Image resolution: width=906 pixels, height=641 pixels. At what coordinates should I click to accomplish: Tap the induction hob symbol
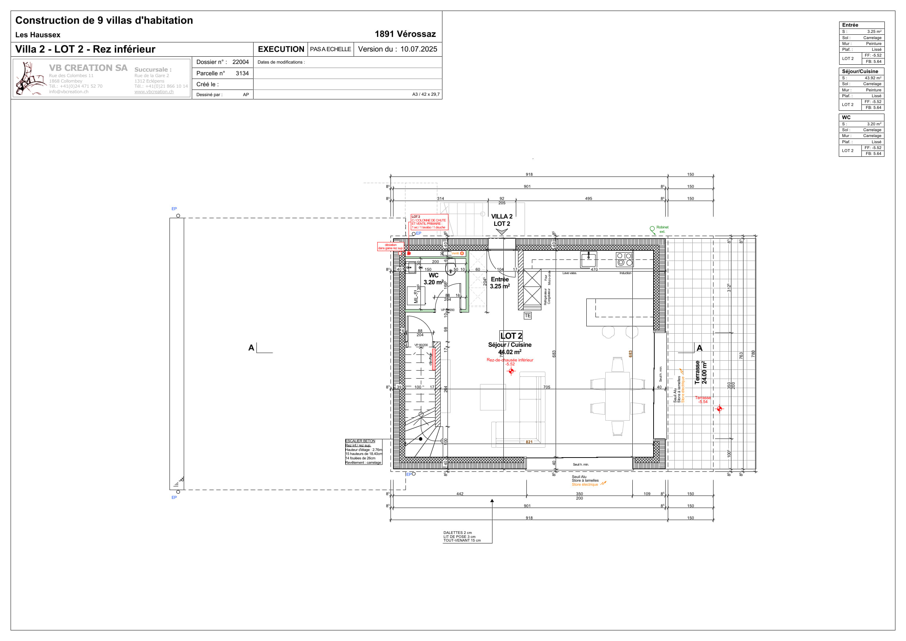(x=624, y=259)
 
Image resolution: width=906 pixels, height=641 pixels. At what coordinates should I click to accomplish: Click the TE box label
(x=528, y=315)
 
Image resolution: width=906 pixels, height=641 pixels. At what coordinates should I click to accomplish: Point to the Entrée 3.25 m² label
(x=499, y=282)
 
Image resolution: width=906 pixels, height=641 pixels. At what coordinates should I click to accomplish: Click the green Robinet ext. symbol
(x=652, y=229)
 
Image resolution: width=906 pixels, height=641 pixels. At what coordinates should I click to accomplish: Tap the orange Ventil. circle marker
(x=462, y=253)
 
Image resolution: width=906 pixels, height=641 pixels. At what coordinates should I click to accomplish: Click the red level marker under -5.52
(x=511, y=371)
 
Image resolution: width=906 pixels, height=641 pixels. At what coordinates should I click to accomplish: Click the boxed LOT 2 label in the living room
(x=511, y=336)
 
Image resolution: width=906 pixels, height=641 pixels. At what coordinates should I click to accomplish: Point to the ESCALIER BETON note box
(x=363, y=452)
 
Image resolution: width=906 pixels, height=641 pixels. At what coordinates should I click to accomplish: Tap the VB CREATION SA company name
(x=88, y=68)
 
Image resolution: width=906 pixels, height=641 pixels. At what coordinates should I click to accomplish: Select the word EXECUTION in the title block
(x=281, y=49)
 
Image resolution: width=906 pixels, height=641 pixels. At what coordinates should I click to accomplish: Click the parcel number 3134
(x=242, y=73)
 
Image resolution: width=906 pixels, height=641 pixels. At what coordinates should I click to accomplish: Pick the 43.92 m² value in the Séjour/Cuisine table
(x=872, y=78)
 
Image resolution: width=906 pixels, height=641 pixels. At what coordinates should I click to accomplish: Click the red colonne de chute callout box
(x=429, y=222)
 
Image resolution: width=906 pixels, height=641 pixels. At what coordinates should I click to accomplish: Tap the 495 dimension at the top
(x=588, y=198)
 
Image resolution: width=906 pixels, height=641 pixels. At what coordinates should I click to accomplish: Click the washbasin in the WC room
(x=411, y=267)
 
